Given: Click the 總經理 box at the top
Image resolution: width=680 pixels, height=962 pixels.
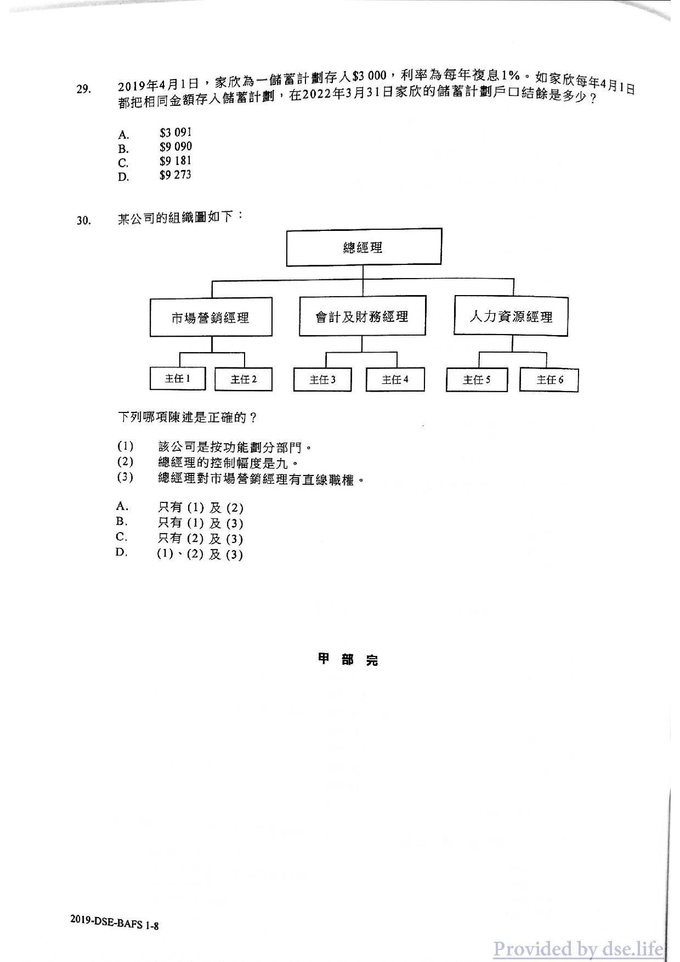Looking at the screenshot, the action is point(364,247).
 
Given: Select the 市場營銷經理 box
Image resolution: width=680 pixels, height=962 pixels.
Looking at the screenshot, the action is point(211,317).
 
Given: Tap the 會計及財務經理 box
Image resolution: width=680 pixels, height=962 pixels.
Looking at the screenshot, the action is point(362,316).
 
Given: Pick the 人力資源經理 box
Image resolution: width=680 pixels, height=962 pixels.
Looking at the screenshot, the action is point(511,316).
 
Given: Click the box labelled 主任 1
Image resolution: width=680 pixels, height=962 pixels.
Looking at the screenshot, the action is point(178,378).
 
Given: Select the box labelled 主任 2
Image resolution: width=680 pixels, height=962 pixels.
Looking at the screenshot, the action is point(243,379).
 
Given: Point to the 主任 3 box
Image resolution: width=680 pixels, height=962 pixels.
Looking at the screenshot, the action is point(322,380).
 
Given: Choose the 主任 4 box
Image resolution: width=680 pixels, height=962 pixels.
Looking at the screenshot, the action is point(395,380).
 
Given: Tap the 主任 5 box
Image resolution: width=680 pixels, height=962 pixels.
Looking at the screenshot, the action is point(477,380).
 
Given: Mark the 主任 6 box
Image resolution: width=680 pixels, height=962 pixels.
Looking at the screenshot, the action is point(549,380).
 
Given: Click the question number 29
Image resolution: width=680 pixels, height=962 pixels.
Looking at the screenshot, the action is point(83,89).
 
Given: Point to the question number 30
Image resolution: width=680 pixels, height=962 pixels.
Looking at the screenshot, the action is point(83,220).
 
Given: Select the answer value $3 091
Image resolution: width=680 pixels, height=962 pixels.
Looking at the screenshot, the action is point(175,133).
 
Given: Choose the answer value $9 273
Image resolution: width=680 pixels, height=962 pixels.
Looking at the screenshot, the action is point(175,175).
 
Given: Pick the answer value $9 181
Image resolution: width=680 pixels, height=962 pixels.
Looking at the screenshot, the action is point(175,161).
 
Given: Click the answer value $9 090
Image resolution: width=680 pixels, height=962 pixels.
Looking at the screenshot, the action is point(175,147).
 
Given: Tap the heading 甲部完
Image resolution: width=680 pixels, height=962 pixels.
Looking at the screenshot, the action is point(348,659).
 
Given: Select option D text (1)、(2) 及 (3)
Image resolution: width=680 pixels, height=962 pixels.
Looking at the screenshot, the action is point(200,554).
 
